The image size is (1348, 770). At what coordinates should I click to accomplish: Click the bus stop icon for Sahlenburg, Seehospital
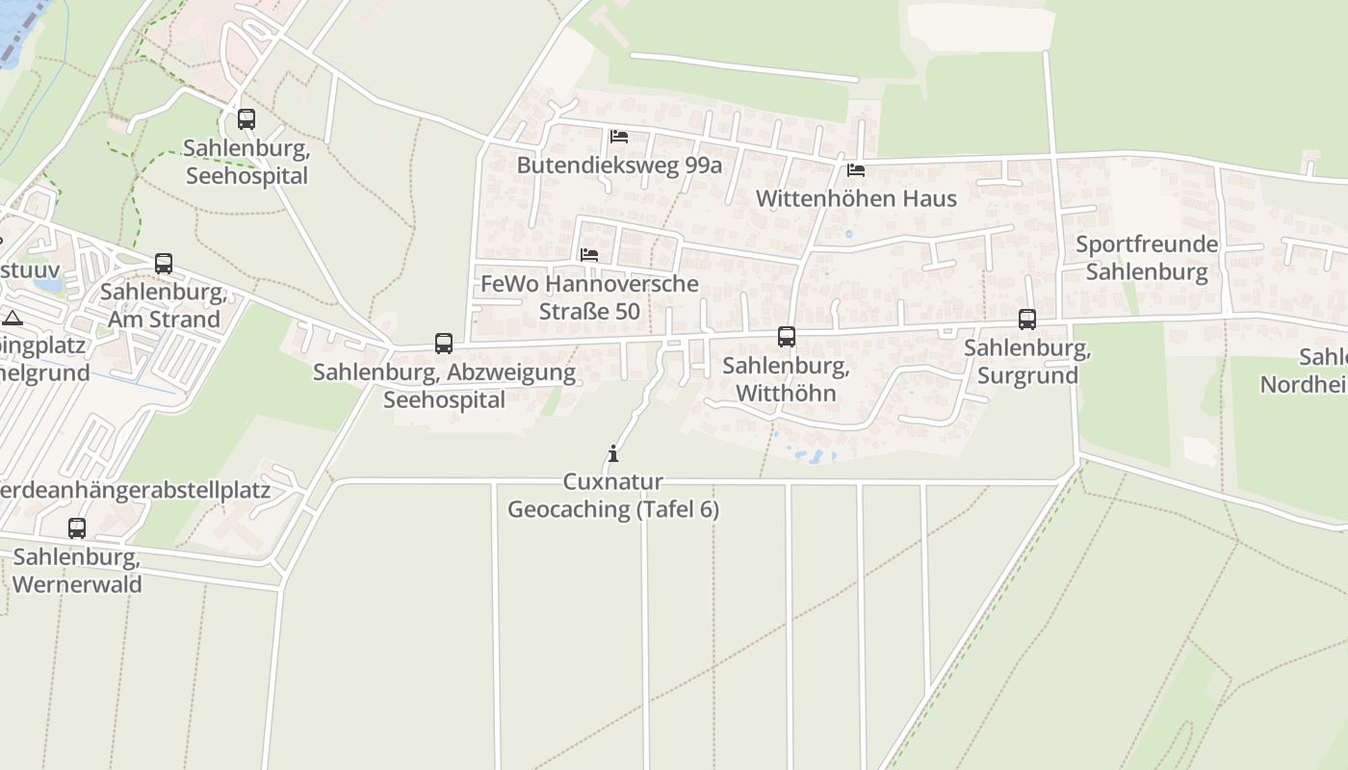pos(246,119)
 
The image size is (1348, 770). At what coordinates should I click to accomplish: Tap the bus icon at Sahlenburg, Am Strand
pos(164,264)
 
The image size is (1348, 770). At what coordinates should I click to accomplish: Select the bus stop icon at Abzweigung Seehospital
pos(444,343)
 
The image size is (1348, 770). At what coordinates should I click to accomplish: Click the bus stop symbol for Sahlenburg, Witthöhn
pos(787,337)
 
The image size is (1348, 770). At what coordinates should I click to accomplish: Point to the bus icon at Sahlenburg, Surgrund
pos(1027,320)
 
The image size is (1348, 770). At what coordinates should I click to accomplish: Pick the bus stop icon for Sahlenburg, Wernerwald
pos(77,528)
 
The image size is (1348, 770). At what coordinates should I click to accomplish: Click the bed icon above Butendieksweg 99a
pos(619,137)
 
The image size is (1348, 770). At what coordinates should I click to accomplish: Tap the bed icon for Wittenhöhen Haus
pos(855,170)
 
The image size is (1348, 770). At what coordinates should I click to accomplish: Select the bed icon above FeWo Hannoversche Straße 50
pos(589,255)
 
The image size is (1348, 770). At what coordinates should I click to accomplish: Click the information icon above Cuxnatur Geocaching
pos(613,453)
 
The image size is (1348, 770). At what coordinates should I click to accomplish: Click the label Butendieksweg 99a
pos(619,165)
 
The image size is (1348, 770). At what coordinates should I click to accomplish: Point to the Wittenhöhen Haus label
pos(856,198)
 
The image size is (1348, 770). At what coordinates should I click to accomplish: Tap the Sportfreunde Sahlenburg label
pos(1147,258)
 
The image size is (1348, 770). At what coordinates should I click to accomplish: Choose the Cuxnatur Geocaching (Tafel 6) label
pos(613,496)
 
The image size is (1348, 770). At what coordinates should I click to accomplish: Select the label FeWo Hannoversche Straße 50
pos(589,297)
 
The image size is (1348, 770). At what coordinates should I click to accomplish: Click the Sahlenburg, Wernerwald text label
pos(77,571)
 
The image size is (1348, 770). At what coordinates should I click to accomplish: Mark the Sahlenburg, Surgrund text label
pos(1027,362)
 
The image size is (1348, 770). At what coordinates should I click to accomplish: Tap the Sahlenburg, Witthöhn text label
pos(787,379)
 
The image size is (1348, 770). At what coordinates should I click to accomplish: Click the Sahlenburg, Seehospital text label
pos(246,162)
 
